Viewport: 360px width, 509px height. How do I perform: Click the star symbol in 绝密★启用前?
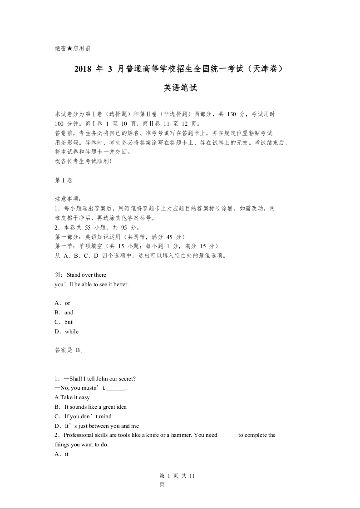(69, 48)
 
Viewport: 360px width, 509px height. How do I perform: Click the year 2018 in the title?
(82, 69)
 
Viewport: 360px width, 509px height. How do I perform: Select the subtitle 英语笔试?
(180, 88)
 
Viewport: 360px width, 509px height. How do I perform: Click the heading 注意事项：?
(68, 199)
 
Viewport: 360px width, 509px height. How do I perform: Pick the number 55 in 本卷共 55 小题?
(88, 228)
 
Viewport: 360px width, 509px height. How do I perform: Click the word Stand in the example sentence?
(73, 275)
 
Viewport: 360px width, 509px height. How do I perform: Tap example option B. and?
(64, 313)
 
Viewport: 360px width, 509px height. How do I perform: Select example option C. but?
(64, 322)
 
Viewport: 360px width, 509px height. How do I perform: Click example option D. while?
(66, 332)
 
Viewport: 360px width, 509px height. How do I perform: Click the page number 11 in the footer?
(192, 475)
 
